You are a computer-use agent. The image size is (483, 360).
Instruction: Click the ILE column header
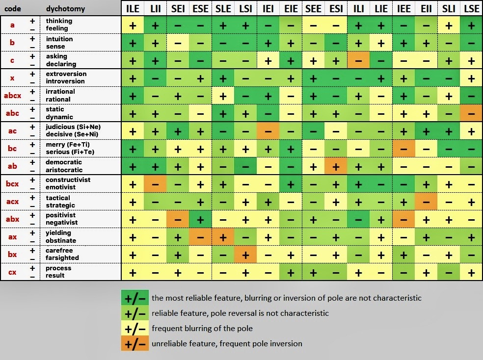tap(133, 9)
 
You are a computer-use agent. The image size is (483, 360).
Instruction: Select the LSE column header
tap(471, 9)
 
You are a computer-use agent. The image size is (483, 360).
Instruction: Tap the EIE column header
tap(291, 9)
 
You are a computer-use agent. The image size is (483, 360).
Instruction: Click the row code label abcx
tap(12, 95)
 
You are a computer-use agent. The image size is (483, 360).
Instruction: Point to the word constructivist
tap(68, 180)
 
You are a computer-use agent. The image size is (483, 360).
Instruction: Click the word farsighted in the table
tap(62, 258)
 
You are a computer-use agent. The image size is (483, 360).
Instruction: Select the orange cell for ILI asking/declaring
tap(358, 60)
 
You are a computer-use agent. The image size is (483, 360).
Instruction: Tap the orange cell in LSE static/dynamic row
tap(471, 113)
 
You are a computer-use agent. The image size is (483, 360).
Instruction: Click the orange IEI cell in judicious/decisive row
tap(268, 131)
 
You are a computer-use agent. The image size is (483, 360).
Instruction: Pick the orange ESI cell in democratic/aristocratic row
tap(336, 166)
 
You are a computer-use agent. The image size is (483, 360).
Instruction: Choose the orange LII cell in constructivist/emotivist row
tap(155, 184)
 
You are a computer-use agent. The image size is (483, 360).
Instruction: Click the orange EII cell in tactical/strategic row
tap(426, 202)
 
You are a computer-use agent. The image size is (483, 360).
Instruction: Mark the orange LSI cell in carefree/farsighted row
tap(245, 255)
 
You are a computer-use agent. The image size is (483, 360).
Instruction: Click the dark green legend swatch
tap(135, 298)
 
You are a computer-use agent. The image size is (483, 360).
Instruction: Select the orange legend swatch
tap(135, 343)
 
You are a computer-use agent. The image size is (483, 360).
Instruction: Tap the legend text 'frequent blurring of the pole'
tap(202, 328)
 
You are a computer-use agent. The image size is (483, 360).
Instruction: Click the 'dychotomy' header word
tap(65, 9)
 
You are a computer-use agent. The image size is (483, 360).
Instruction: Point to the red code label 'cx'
tap(12, 272)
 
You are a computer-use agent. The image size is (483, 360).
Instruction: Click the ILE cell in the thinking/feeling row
tap(133, 25)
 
